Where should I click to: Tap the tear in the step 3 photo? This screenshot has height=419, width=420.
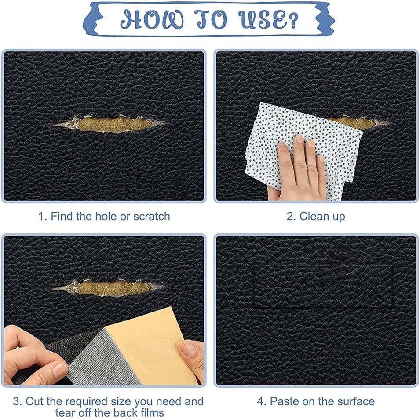110,288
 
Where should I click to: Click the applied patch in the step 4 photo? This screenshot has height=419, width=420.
323,286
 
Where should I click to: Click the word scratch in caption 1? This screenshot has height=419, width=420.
152,216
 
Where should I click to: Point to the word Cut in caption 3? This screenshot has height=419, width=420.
35,401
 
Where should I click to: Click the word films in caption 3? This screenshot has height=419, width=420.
152,412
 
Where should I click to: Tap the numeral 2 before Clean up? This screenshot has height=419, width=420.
289,216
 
